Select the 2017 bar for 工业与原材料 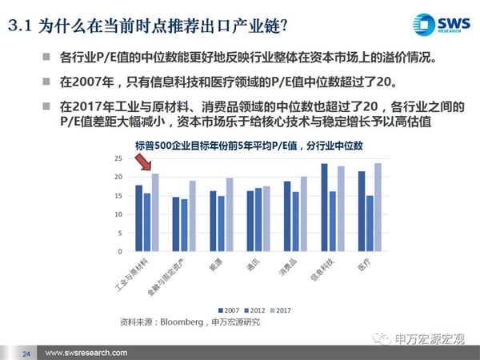click(x=155, y=212)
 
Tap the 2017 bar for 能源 click(x=229, y=214)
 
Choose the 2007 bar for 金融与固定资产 click(x=175, y=224)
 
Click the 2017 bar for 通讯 click(x=266, y=218)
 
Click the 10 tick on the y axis click(x=118, y=214)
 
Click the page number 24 click(x=26, y=353)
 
